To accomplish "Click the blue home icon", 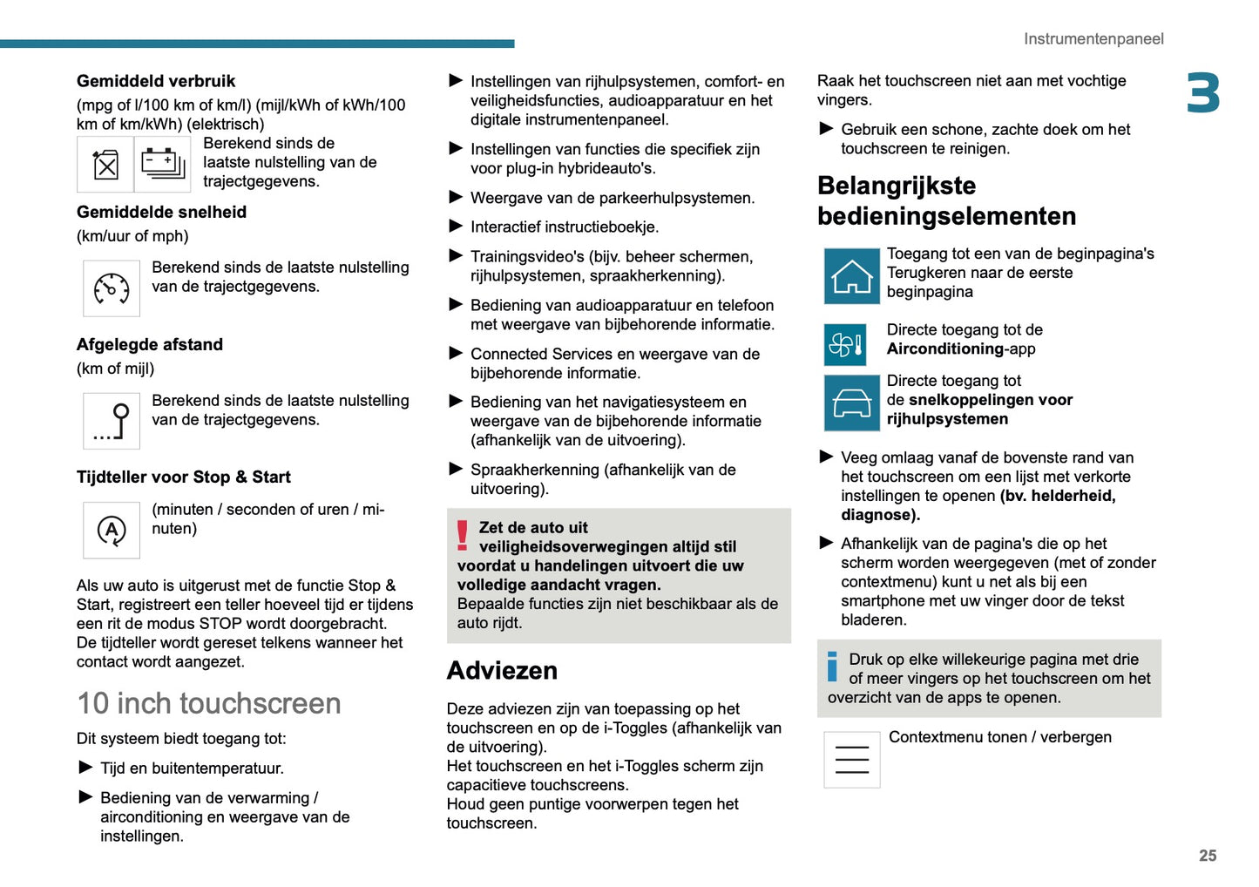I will click(851, 276).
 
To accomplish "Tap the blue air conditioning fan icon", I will click(845, 345).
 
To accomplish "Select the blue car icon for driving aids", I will click(851, 403).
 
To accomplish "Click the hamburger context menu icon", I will click(851, 760).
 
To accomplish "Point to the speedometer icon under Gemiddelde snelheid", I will click(112, 288).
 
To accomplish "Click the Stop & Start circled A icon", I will click(112, 530).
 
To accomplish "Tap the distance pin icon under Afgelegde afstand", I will click(112, 422).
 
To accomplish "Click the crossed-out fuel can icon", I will click(105, 164).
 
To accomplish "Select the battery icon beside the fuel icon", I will click(163, 164).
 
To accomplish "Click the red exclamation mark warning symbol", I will click(463, 535).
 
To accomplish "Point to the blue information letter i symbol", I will click(832, 667).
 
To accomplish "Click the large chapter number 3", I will click(1202, 93).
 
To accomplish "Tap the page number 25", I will click(1207, 856).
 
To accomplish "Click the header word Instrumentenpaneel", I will click(1093, 39).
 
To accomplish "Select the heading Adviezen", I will click(502, 670).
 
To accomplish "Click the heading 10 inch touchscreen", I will click(209, 703).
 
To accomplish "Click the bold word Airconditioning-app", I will click(960, 349).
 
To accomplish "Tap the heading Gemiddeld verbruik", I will click(156, 81).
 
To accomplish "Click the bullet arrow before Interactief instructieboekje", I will click(456, 227).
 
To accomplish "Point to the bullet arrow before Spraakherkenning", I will click(456, 469).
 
